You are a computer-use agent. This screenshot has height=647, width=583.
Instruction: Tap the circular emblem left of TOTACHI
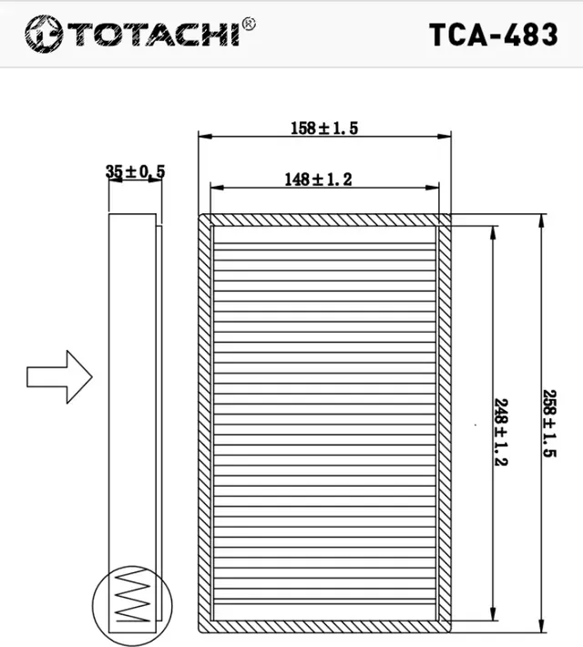tap(41, 34)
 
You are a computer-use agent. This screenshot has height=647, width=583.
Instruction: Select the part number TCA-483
tap(493, 34)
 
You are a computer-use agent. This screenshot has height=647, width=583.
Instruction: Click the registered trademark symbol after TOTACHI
tap(249, 24)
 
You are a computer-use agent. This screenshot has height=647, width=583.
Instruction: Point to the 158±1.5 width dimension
tap(324, 128)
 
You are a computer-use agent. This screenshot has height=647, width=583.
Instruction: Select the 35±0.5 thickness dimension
tap(135, 171)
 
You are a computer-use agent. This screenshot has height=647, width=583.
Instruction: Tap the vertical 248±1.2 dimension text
tap(500, 431)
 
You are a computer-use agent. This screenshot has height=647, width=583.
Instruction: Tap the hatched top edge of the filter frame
tap(324, 221)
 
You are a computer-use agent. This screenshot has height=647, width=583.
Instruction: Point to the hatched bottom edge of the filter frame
tap(324, 627)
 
